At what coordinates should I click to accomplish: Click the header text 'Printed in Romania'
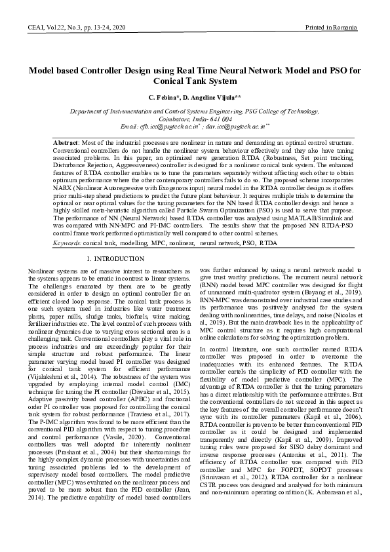332,27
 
